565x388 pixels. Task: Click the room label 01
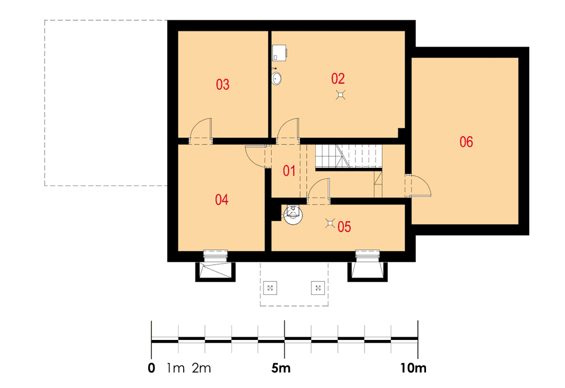pos(289,171)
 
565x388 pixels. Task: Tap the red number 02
pos(338,79)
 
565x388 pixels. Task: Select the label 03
pos(223,85)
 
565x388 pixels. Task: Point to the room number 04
pos(221,199)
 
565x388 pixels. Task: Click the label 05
pos(344,227)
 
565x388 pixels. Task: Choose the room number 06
pos(466,142)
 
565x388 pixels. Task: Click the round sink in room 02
pos(276,78)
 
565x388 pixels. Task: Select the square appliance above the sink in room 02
pos(279,53)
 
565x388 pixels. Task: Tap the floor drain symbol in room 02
pos(341,95)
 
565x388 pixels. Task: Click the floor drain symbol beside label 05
pos(330,223)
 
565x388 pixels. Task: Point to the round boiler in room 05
pos(293,215)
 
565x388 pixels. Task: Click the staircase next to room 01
pos(349,156)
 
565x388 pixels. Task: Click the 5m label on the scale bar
pos(281,368)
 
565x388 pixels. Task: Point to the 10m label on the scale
pos(414,368)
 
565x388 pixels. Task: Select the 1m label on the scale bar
pos(176,368)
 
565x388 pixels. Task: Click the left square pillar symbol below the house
pos(270,288)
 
